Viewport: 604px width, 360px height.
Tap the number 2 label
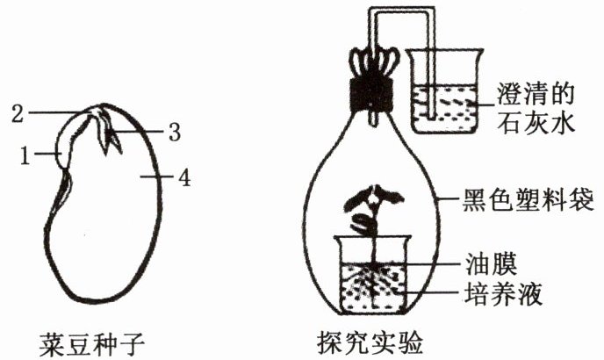coord(18,112)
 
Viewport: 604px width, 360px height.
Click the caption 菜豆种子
coord(91,338)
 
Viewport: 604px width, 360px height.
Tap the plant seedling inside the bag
coord(370,212)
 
